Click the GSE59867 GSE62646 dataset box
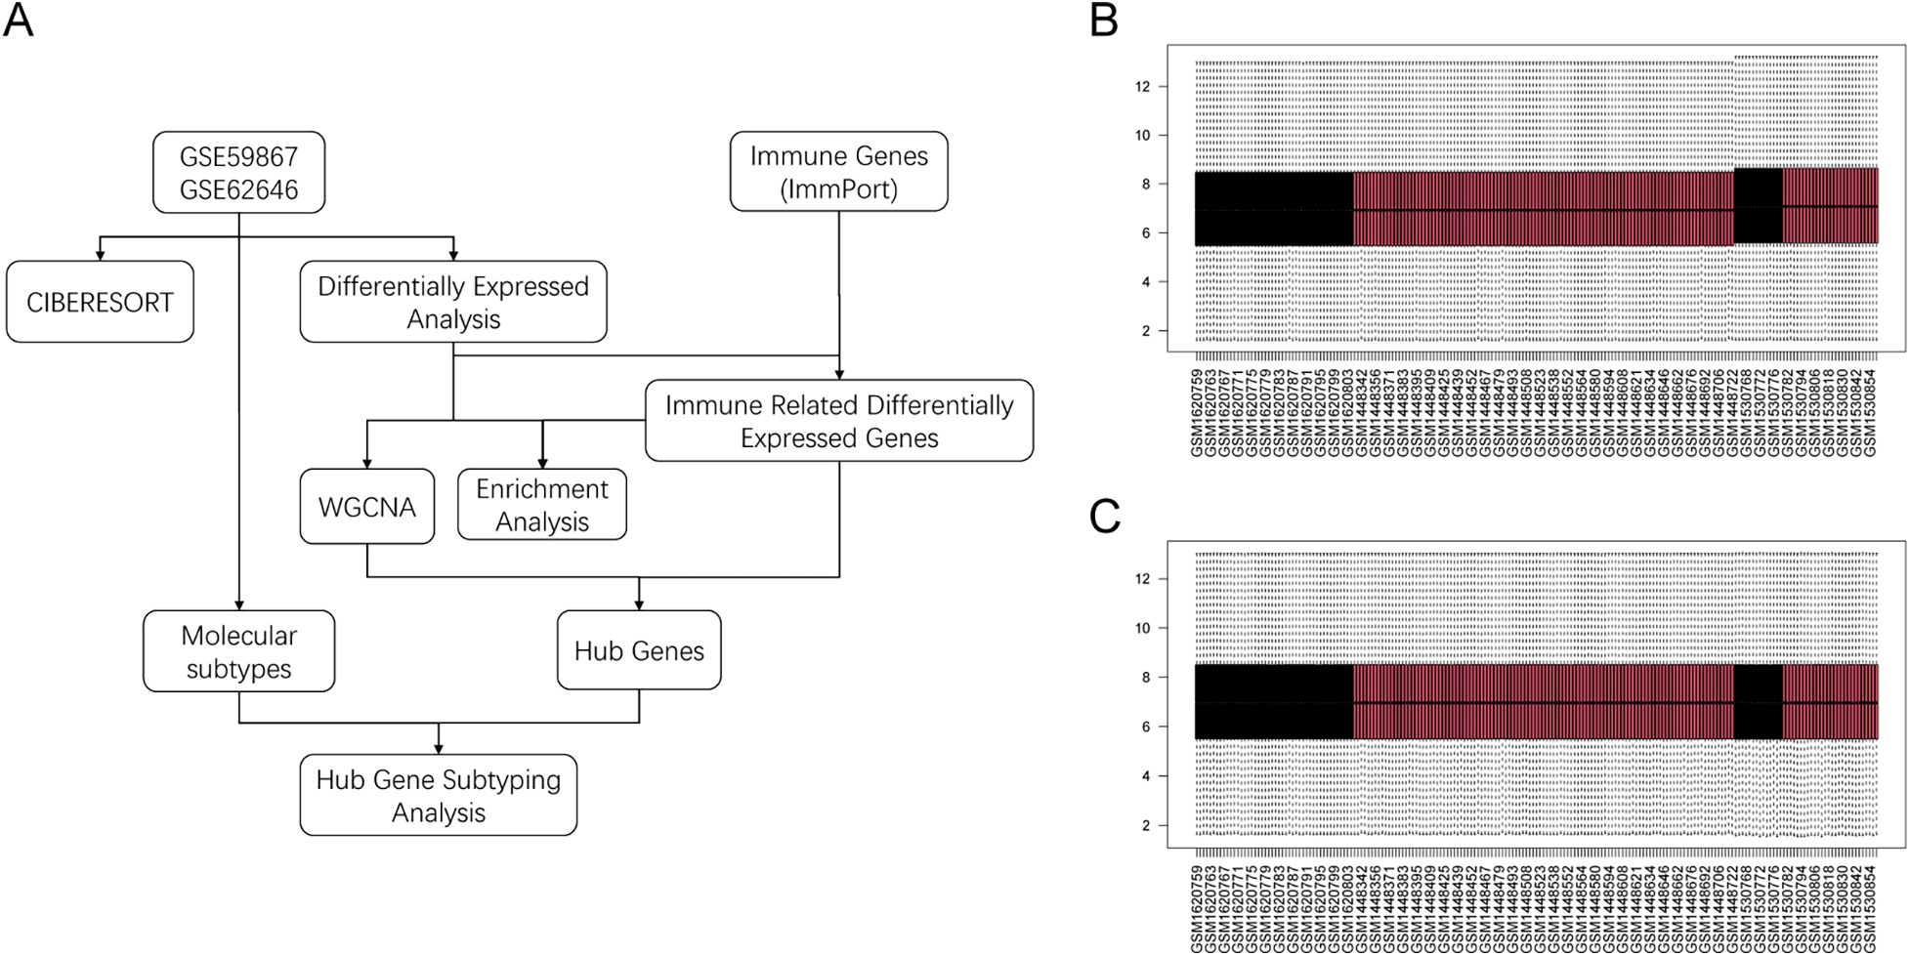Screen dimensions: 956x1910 238,172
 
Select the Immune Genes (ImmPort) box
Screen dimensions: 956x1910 838,172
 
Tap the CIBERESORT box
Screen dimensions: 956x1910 100,302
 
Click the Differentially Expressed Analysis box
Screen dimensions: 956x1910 453,302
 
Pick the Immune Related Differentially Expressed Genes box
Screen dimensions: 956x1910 838,421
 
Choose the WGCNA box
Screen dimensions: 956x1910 366,507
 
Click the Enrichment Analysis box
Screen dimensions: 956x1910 541,505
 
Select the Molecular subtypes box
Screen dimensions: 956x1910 238,651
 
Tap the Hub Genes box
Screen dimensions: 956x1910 639,650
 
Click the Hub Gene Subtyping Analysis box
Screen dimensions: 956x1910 438,795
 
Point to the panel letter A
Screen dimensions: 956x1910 18,20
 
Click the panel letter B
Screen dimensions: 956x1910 1103,20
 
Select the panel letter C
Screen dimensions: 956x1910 1104,517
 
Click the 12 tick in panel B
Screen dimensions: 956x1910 1142,87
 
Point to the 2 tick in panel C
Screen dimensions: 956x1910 1146,825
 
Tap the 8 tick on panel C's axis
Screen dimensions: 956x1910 1146,677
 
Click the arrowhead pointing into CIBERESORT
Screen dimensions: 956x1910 100,255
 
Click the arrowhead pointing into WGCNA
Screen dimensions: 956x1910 366,463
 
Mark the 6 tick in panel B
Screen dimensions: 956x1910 1146,233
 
